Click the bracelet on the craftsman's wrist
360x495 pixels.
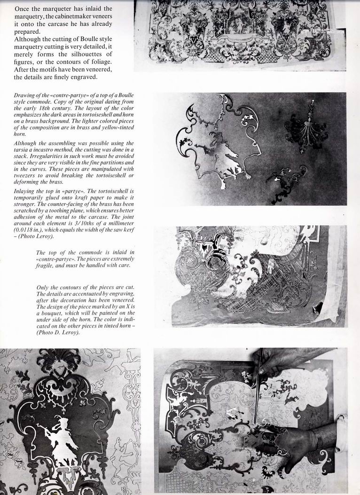point(319,438)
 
